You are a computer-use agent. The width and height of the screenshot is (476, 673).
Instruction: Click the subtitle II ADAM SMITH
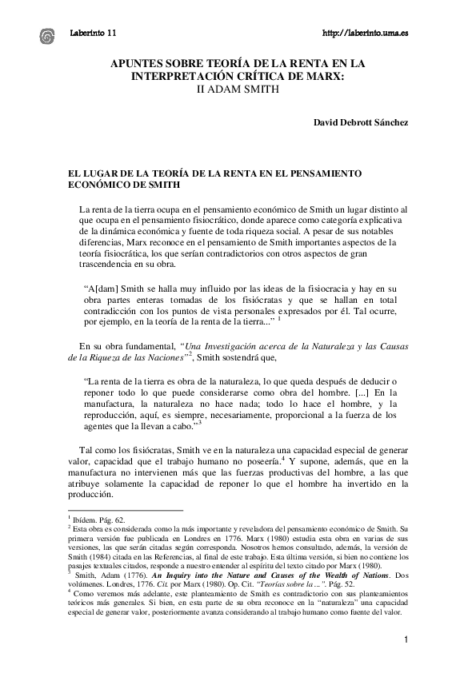[237, 90]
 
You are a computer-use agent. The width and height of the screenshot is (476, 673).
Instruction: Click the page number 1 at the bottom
[406, 640]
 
